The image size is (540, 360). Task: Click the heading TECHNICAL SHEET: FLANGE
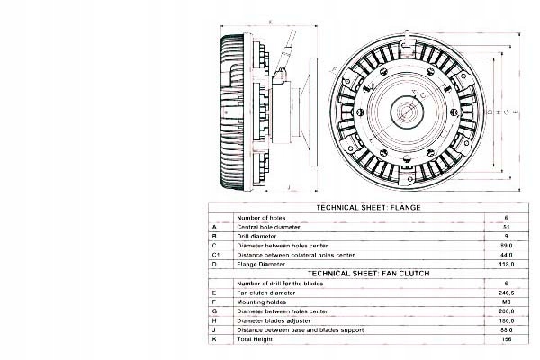[x=369, y=207]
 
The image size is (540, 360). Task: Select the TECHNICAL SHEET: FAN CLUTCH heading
[x=368, y=272]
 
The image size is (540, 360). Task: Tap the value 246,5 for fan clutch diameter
[x=508, y=292]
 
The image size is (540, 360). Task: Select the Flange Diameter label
[x=261, y=265]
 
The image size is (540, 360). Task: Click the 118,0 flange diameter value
[x=508, y=265]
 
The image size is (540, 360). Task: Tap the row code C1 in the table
[x=216, y=255]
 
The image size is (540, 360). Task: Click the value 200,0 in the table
[x=508, y=312]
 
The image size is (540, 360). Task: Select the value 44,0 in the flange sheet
[x=508, y=255]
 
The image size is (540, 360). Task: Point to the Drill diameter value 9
[x=508, y=236]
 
